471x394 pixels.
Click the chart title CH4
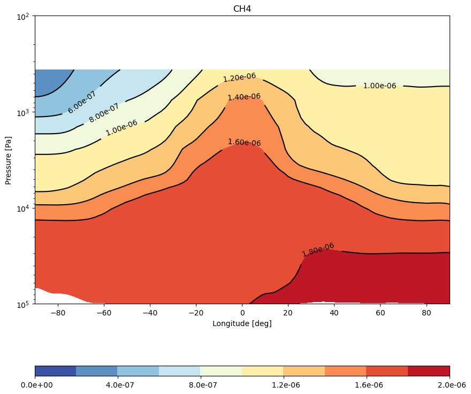242,9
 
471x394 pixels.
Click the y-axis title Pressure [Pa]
8,160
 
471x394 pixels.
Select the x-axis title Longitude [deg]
242,323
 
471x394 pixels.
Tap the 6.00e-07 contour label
82,102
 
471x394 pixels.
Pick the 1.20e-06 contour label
239,78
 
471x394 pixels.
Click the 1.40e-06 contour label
244,97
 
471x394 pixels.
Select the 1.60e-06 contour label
245,142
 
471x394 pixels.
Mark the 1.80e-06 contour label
318,250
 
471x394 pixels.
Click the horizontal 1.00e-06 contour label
379,86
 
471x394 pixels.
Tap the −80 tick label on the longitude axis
58,313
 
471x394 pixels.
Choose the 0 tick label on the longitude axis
242,313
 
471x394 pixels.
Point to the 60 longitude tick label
380,313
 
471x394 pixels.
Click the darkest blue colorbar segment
56,371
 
